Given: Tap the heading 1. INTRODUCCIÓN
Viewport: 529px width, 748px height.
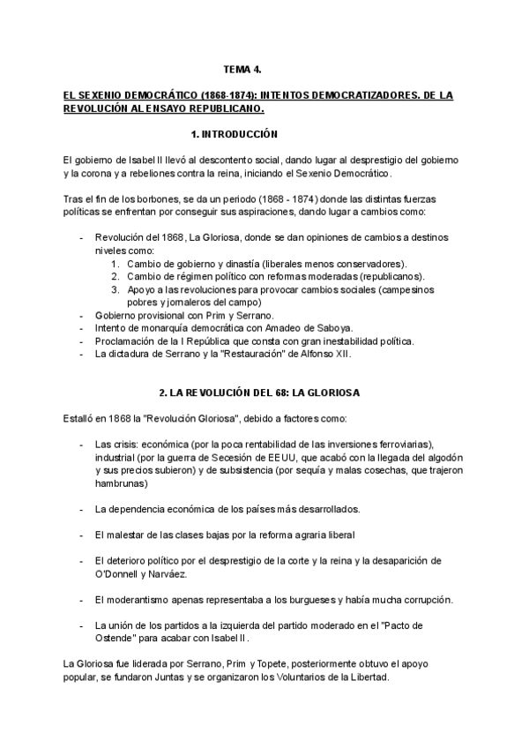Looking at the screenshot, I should [234, 135].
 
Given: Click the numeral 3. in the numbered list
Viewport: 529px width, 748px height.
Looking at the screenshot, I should [115, 288].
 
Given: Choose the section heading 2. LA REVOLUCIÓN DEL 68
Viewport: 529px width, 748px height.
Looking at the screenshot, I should [226, 391].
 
